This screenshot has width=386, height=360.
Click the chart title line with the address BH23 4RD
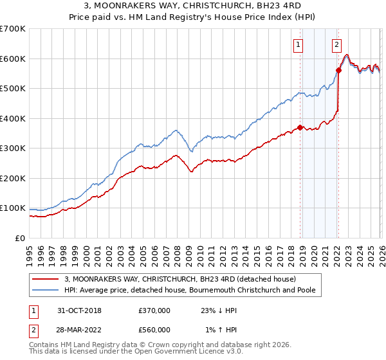point(193,6)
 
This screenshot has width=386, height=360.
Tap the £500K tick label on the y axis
point(13,89)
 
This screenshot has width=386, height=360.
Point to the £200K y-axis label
point(13,178)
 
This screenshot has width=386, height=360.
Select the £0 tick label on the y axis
point(21,238)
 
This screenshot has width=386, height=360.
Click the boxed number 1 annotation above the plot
point(299,44)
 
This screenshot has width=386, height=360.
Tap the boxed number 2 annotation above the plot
point(336,44)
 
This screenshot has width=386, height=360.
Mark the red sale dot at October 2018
point(300,127)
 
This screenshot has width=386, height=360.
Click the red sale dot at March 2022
point(339,71)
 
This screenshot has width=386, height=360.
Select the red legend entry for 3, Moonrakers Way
point(180,279)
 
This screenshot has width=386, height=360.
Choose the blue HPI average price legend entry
point(193,291)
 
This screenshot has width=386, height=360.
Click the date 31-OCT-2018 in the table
point(80,310)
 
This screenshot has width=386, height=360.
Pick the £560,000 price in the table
point(154,330)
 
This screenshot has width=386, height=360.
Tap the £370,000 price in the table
point(154,310)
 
